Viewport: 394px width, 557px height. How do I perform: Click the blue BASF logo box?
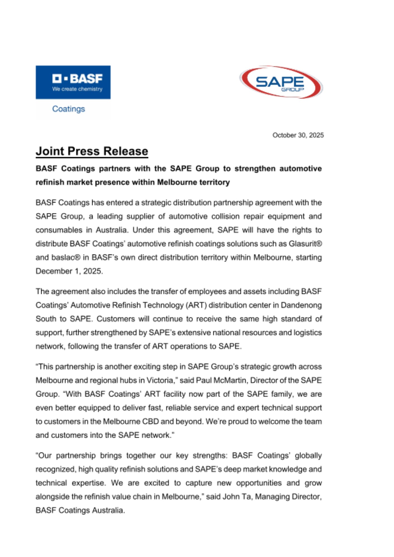(73, 82)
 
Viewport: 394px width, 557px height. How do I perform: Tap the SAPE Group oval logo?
(281, 82)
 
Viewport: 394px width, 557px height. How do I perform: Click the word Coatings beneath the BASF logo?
(69, 109)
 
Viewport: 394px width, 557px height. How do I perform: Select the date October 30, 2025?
(298, 135)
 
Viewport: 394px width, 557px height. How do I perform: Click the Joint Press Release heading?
(92, 151)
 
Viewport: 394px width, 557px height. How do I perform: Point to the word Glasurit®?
(305, 244)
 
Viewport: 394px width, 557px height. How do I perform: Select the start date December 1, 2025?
(69, 271)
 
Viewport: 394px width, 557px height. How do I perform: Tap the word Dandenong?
(301, 305)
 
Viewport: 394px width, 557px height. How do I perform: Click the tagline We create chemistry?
(77, 89)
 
